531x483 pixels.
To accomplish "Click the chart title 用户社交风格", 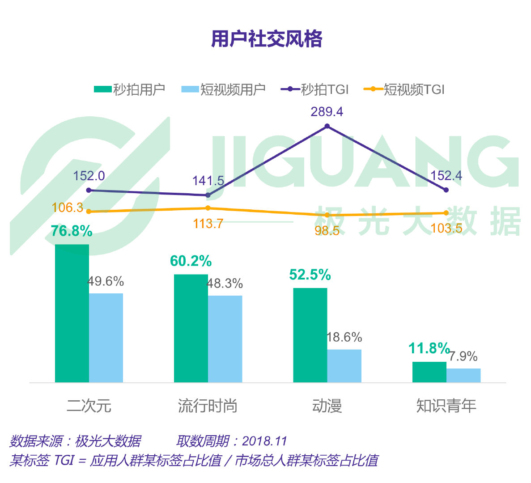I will [x=267, y=39].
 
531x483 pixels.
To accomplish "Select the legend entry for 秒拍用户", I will [x=130, y=89].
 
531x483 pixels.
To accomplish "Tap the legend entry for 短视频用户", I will [x=224, y=89].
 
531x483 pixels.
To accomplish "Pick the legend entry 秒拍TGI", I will [x=315, y=89].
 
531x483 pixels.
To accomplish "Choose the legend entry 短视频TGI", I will [x=405, y=89].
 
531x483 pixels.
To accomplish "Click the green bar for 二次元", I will [x=72, y=313].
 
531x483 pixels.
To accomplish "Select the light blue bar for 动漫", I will [x=344, y=365].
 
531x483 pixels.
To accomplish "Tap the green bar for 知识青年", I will [x=429, y=372].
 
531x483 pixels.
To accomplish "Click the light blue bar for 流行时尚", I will [x=225, y=339].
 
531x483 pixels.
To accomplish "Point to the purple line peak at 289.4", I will [x=327, y=127].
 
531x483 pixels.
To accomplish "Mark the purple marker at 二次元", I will [x=89, y=190].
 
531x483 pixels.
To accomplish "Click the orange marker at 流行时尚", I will [x=208, y=208].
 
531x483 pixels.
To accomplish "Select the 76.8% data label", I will [x=72, y=231].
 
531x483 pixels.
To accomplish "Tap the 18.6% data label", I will [x=344, y=337].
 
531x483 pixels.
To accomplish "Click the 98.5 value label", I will [x=327, y=231].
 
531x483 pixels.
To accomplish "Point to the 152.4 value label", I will [x=446, y=176].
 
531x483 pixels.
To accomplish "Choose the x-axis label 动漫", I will [x=327, y=406].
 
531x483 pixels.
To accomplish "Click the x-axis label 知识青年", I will [x=446, y=406].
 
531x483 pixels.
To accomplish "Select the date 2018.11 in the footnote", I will [x=264, y=441].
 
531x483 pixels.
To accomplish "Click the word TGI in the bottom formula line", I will [x=64, y=460].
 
